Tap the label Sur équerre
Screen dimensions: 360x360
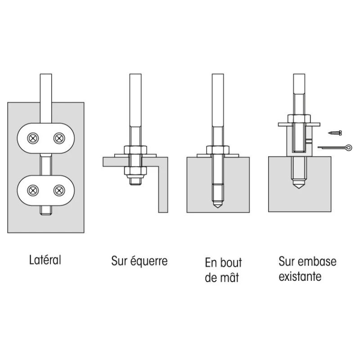(x=139, y=261)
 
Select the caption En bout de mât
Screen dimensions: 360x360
(x=223, y=270)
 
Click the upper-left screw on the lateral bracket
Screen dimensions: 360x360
(x=33, y=138)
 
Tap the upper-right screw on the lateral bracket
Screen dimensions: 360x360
(x=59, y=138)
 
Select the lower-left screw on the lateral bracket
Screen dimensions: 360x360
(x=33, y=190)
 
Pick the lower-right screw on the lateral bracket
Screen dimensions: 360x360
(x=59, y=190)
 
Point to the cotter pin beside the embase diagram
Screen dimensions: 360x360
(x=335, y=147)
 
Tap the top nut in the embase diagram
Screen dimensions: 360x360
(x=300, y=119)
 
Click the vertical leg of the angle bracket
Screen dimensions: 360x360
(x=163, y=189)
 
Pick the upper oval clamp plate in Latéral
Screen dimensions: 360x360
(x=46, y=138)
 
